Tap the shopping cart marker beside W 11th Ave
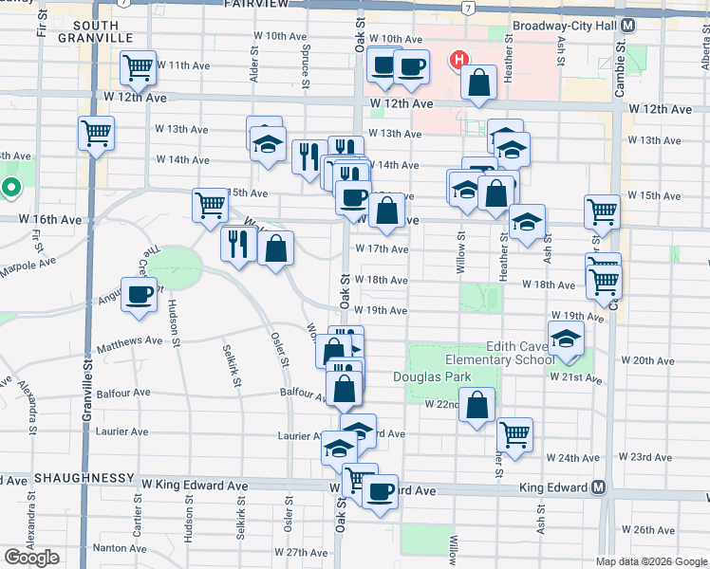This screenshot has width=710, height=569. click(x=139, y=67)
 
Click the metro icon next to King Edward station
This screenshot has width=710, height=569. click(x=598, y=487)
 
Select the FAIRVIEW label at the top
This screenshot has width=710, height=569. click(x=255, y=5)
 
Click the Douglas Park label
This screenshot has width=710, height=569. click(x=432, y=376)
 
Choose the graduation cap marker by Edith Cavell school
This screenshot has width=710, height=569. click(x=567, y=340)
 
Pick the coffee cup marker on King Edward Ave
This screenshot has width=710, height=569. click(x=381, y=490)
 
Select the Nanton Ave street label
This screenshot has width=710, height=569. click(x=119, y=547)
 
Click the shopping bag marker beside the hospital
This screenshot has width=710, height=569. click(x=479, y=83)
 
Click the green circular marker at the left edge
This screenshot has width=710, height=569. click(x=10, y=187)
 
